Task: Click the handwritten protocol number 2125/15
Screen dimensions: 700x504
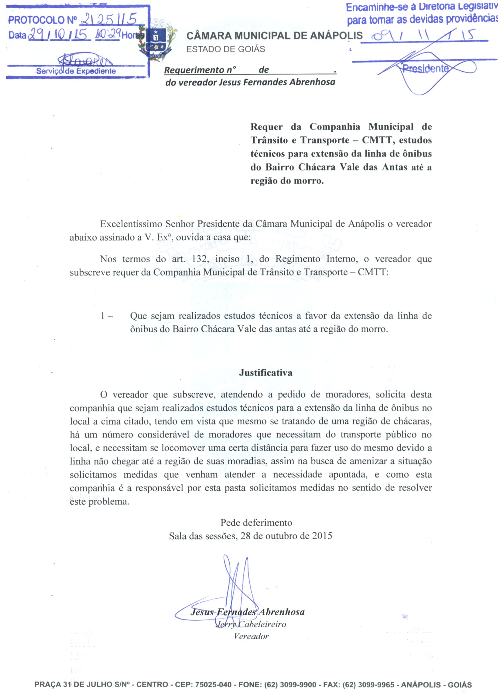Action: point(108,20)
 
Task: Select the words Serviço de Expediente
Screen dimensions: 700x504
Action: point(76,71)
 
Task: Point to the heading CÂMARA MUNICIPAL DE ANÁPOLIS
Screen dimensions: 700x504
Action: point(274,36)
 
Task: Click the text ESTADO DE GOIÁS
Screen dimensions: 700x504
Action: point(226,49)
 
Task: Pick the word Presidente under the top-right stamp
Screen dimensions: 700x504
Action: point(425,69)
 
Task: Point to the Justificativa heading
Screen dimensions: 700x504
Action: point(266,373)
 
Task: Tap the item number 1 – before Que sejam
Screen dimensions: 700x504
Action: point(106,316)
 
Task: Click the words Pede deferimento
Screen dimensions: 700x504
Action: point(256,522)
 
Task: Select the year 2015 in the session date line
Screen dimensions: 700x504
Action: point(322,536)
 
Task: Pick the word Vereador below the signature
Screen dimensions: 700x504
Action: point(251,636)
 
